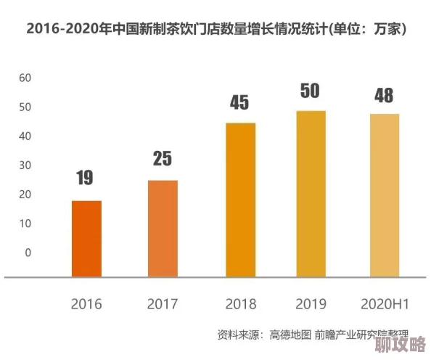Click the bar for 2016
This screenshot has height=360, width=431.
coord(86,238)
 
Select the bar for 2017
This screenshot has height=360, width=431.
coord(163,228)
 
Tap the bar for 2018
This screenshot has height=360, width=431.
coord(240,200)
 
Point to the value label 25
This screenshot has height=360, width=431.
coord(163,157)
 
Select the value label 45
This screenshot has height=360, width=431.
coord(240,102)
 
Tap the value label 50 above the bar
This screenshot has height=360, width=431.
coord(311,91)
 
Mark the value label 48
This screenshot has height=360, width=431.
coord(384,95)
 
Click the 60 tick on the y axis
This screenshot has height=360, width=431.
coord(25,78)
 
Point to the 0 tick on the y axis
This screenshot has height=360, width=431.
coord(28,253)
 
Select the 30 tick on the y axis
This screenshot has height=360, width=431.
coord(25,165)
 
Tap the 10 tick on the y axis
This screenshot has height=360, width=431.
coord(25,224)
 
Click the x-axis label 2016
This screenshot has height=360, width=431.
coord(86,303)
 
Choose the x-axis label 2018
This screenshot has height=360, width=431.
coord(240,303)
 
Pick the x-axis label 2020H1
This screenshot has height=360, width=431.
coord(384,303)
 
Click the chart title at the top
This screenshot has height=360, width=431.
coord(215,30)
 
